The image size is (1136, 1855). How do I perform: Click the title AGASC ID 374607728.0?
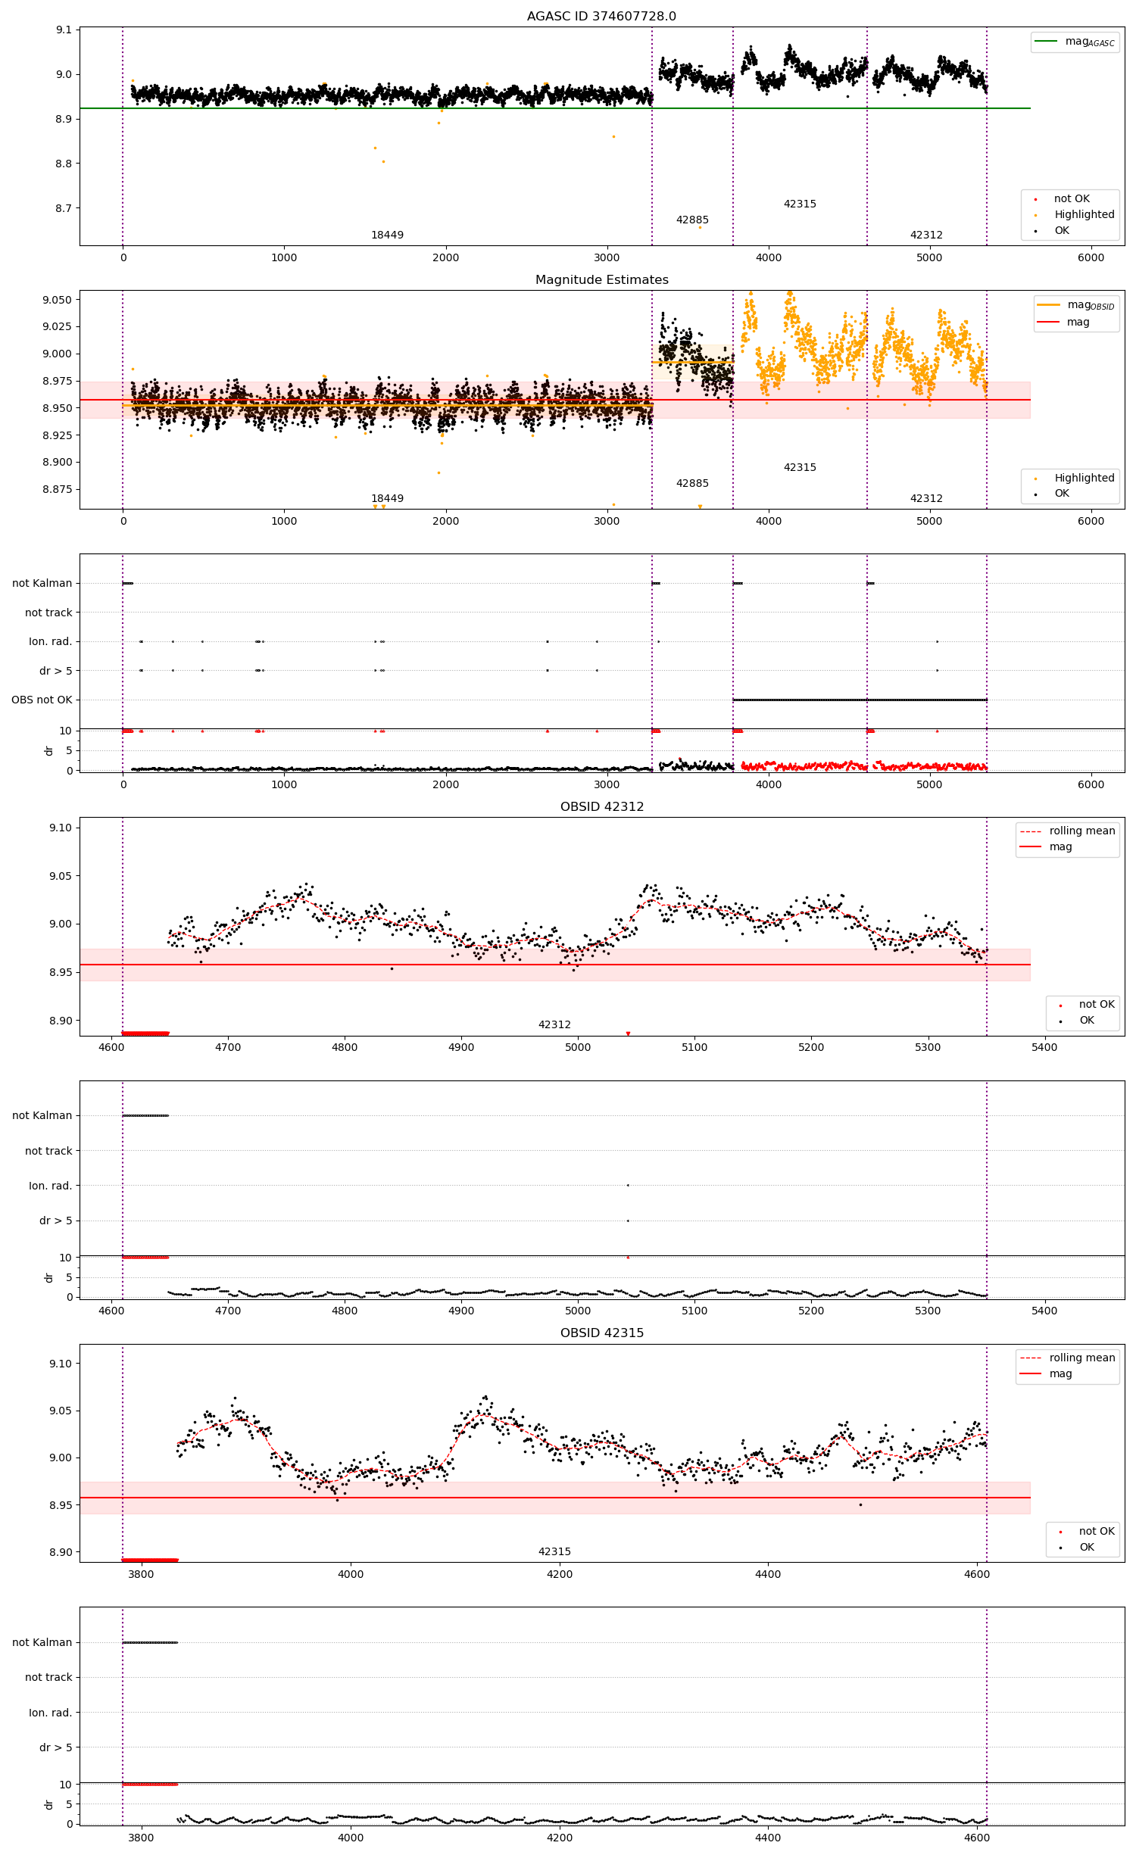point(601,16)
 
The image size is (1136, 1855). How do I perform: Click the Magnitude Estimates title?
point(601,279)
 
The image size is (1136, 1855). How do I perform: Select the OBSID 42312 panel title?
point(601,806)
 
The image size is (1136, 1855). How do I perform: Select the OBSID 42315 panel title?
point(601,1333)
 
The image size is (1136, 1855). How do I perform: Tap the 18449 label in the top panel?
point(387,235)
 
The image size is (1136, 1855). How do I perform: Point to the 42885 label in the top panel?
point(692,220)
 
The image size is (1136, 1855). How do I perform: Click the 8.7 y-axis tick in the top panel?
point(63,208)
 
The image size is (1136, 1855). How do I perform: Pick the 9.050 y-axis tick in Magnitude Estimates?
point(57,300)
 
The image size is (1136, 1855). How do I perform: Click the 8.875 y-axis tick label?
point(57,489)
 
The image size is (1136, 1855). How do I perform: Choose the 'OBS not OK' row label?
point(42,700)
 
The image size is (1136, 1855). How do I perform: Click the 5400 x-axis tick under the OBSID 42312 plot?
point(1044,1047)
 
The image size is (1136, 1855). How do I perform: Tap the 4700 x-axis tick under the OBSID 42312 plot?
point(228,1047)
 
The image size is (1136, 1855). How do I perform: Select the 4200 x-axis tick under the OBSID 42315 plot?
point(560,1573)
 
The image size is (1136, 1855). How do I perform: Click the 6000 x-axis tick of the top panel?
point(1091,257)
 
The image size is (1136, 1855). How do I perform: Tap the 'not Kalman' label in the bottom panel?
point(42,1642)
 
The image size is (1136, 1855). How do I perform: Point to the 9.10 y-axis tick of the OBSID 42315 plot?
point(61,1364)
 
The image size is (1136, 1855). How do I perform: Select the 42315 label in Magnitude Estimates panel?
point(800,467)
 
